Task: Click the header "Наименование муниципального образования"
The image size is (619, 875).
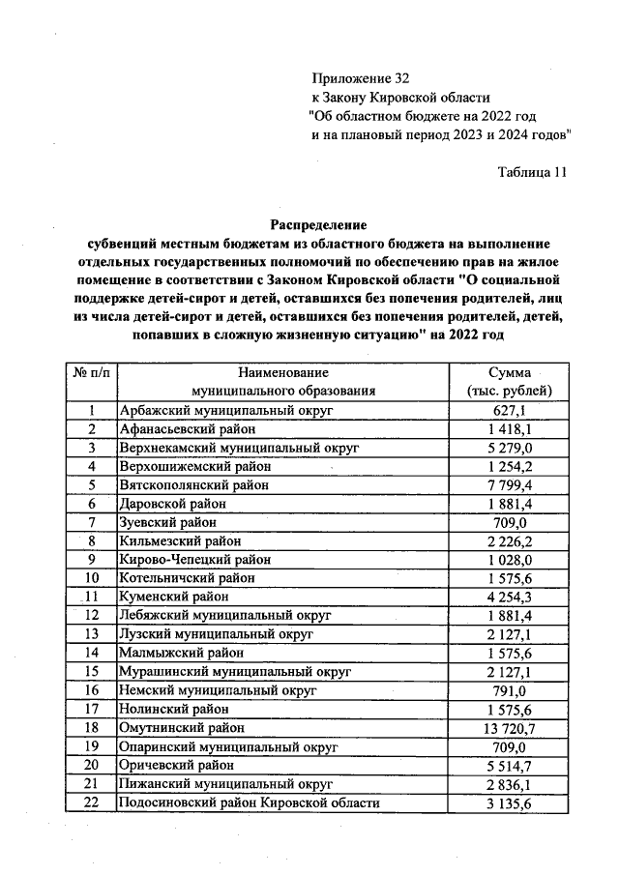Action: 282,382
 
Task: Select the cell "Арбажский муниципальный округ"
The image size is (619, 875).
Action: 225,411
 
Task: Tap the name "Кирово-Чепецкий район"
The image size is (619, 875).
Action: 193,559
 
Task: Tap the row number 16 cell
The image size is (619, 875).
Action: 92,689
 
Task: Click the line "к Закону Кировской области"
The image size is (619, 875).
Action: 400,97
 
